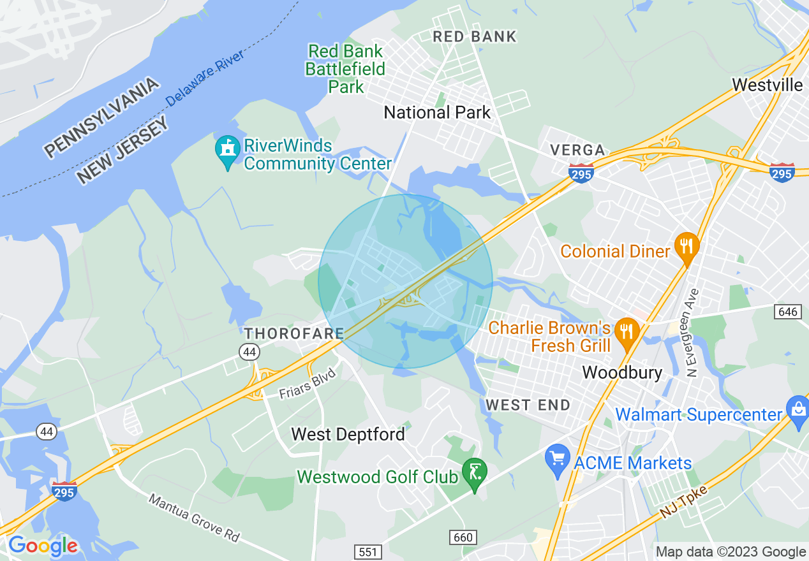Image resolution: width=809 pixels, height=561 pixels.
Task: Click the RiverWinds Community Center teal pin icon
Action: [227, 152]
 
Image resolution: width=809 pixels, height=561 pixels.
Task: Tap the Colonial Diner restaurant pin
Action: [687, 247]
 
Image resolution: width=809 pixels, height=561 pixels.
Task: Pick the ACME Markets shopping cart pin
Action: [558, 460]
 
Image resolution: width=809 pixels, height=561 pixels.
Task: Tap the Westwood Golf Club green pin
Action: [474, 474]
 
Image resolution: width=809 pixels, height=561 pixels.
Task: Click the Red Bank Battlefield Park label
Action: [345, 69]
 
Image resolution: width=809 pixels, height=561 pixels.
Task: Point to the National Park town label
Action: [437, 113]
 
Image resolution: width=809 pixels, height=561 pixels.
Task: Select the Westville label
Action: [767, 84]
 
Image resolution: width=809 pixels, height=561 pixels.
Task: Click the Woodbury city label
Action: [622, 372]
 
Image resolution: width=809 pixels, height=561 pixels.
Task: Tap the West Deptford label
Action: [348, 435]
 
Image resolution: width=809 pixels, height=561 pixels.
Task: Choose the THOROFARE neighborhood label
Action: [294, 333]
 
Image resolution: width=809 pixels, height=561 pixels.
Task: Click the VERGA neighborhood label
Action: [577, 150]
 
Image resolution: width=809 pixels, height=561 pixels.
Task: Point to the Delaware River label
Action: [205, 78]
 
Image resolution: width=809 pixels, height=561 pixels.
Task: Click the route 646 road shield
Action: [788, 311]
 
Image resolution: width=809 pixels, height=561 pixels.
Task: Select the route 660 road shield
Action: [463, 537]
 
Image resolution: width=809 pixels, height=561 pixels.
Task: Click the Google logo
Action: [43, 546]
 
